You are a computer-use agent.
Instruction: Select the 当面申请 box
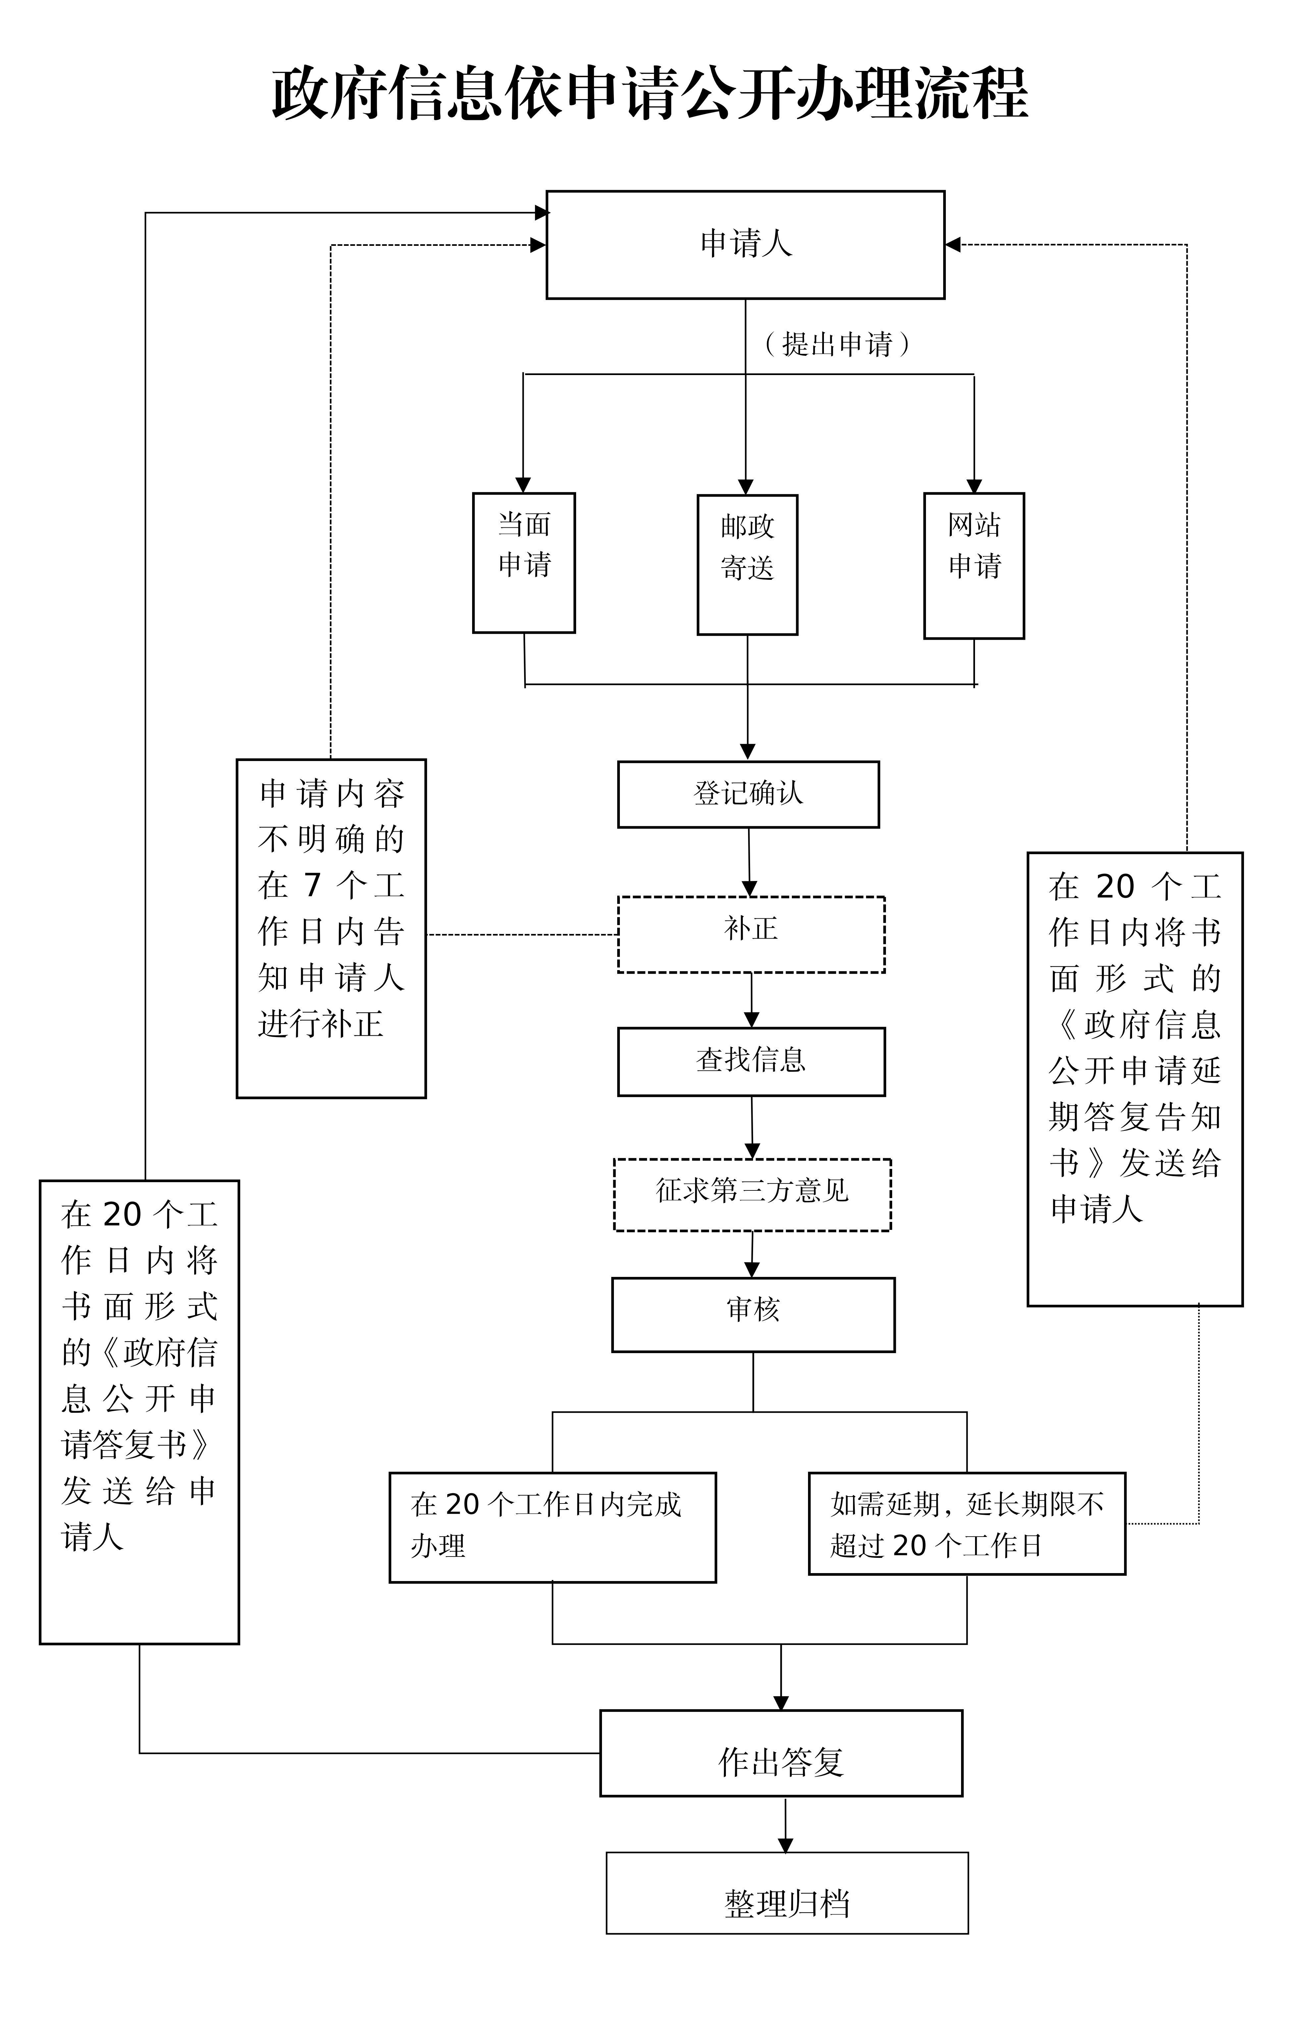pos(524,563)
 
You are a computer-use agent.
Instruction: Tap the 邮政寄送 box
pos(747,564)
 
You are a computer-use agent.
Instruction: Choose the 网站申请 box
pos(974,565)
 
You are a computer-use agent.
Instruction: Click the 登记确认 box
pos(748,794)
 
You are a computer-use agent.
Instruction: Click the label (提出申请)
pos(837,344)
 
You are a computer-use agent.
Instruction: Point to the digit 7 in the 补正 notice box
pos(312,885)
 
